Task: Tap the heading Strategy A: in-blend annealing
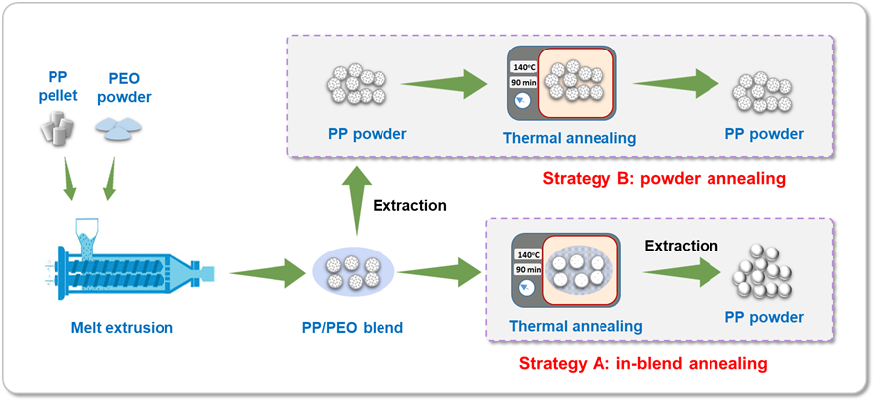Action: click(643, 363)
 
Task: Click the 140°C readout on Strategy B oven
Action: click(524, 67)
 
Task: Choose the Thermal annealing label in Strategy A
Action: click(576, 325)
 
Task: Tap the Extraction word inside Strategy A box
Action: click(680, 245)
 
